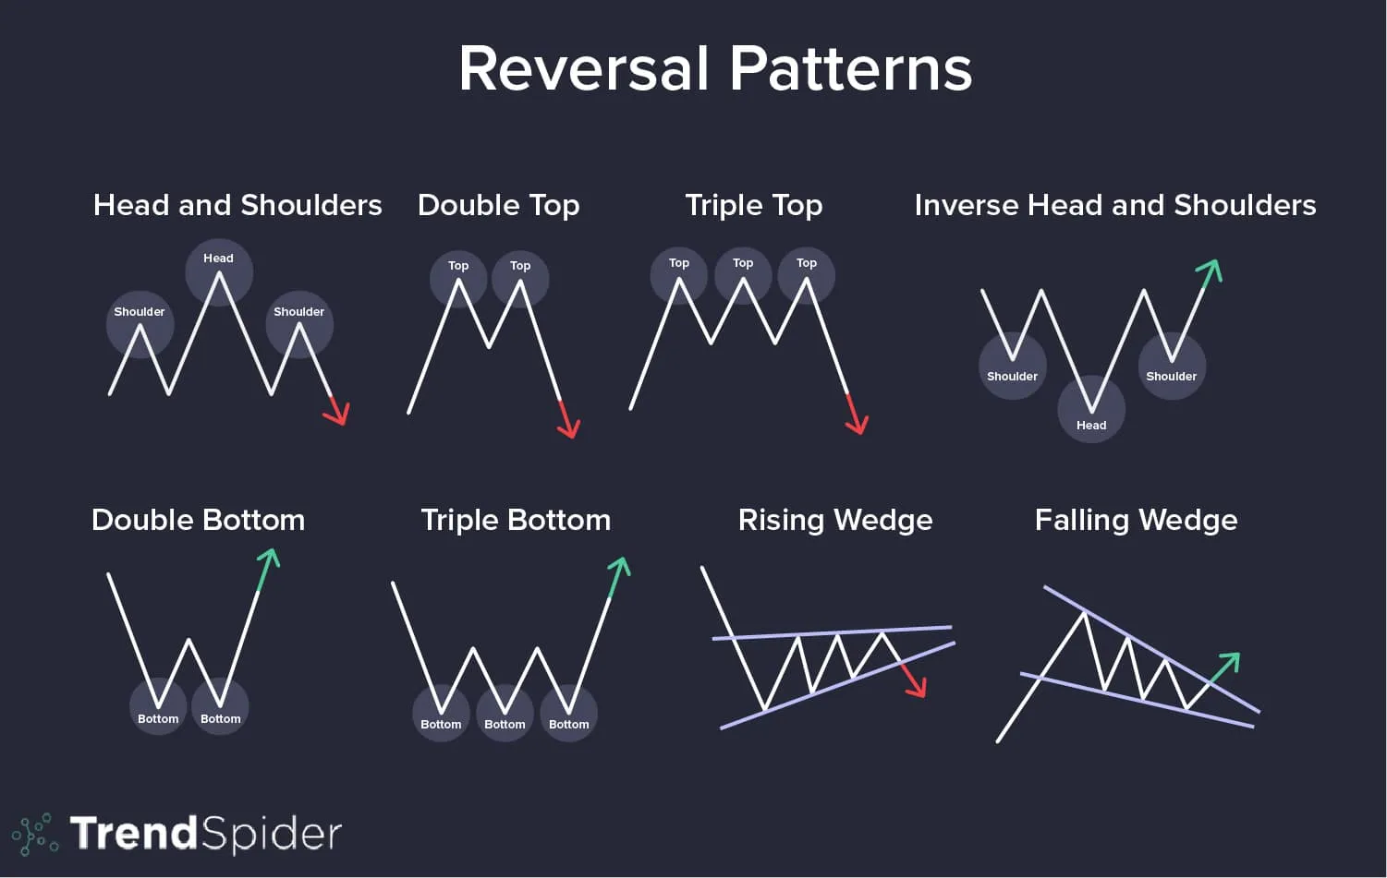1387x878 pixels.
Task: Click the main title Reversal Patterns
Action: pyautogui.click(x=715, y=69)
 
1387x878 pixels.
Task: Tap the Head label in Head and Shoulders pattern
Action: pyautogui.click(x=218, y=259)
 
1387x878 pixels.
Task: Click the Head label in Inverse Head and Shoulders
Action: pyautogui.click(x=1090, y=426)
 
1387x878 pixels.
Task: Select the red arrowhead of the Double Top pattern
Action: pyautogui.click(x=570, y=428)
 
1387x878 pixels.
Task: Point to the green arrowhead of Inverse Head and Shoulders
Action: pyautogui.click(x=1211, y=269)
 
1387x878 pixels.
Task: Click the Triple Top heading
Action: pyautogui.click(x=753, y=205)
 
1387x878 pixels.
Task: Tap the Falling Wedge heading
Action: pyautogui.click(x=1136, y=520)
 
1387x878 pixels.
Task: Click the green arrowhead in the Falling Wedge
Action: pyautogui.click(x=1230, y=661)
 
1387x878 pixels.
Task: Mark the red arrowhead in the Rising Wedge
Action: pyautogui.click(x=917, y=687)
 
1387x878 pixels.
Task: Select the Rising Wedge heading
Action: pyautogui.click(x=835, y=520)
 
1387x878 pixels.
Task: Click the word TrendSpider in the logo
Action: pyautogui.click(x=205, y=833)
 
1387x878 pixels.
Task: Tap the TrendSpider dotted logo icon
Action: pyautogui.click(x=35, y=834)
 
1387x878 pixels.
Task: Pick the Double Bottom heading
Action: pyautogui.click(x=198, y=520)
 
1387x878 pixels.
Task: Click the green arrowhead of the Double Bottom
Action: pyautogui.click(x=270, y=558)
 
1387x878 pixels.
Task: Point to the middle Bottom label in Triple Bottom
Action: pyautogui.click(x=505, y=725)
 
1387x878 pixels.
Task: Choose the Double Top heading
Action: pyautogui.click(x=498, y=205)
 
